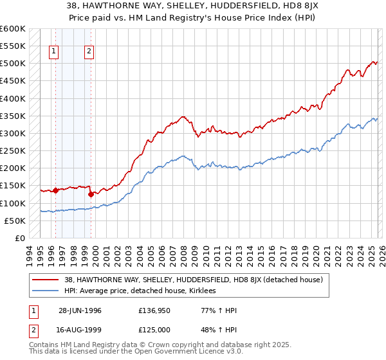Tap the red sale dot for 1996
tap(56, 190)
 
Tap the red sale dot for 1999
tap(91, 194)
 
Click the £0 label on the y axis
tap(20, 238)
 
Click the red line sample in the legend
tap(46, 280)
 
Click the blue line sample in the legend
tap(46, 291)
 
